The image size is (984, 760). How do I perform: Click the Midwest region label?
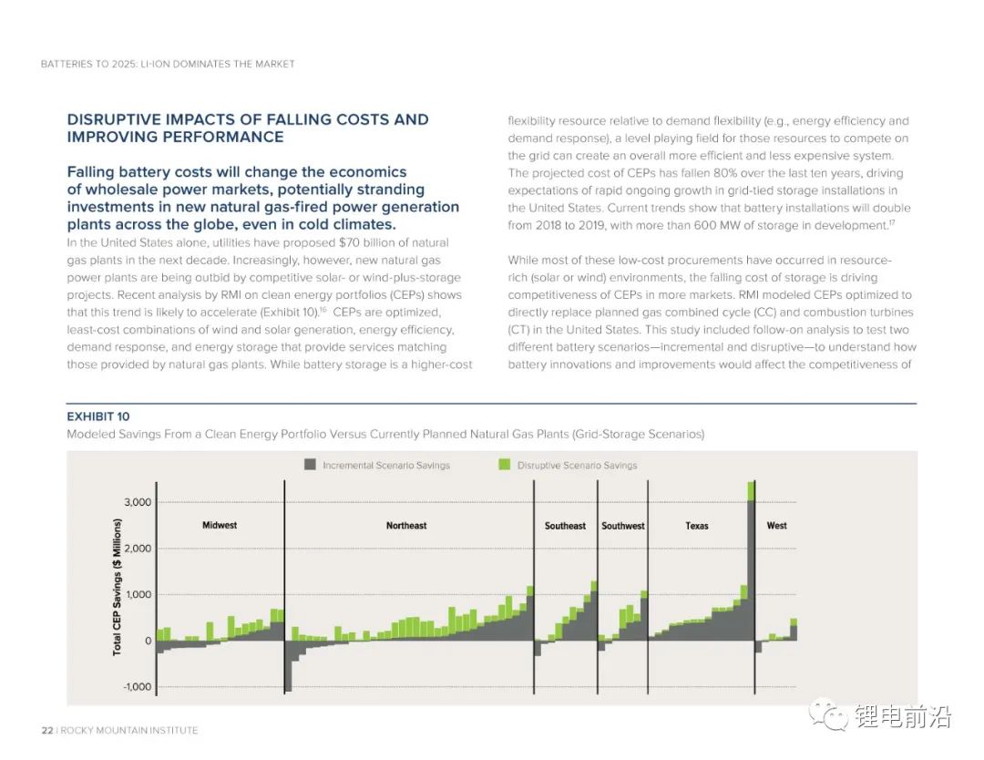[219, 526]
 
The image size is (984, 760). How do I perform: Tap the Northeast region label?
[406, 526]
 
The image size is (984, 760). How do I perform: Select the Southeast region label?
[565, 526]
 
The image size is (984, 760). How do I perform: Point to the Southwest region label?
[623, 526]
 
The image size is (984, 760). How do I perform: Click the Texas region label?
[697, 526]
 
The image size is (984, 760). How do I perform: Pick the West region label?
[777, 526]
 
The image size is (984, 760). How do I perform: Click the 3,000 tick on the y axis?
[138, 502]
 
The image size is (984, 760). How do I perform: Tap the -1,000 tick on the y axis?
[137, 687]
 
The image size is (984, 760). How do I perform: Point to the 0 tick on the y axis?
[148, 642]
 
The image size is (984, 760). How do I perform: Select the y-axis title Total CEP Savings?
[118, 588]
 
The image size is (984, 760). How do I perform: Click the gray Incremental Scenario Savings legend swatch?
[310, 465]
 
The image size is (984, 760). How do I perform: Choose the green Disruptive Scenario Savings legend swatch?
[504, 465]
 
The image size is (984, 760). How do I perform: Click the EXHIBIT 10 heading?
[97, 416]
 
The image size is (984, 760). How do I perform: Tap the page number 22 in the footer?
[46, 730]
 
